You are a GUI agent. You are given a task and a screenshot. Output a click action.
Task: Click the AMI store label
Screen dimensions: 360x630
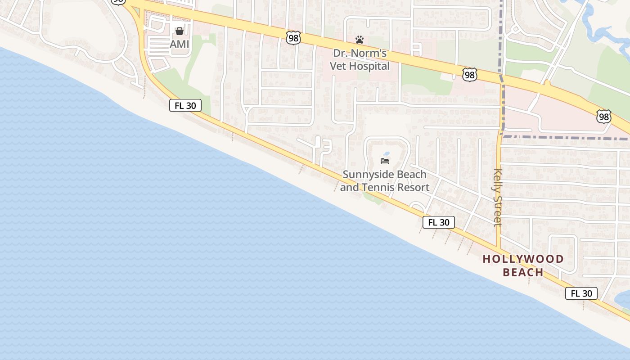[x=180, y=44]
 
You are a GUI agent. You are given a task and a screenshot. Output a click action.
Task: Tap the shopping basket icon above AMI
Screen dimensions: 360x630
[x=180, y=31]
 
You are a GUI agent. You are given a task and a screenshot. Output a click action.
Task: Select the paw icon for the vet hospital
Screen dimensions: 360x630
[x=359, y=40]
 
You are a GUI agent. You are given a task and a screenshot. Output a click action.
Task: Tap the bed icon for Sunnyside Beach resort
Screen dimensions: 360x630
[x=385, y=161]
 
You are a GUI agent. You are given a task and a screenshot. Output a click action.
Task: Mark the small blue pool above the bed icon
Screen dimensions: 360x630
[x=386, y=153]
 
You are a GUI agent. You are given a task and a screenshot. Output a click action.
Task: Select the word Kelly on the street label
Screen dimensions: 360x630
[x=498, y=179]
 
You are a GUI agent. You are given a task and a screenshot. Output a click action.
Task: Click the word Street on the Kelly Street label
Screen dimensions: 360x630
[x=498, y=210]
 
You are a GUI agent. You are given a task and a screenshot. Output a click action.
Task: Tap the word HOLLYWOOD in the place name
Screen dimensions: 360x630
[x=523, y=259]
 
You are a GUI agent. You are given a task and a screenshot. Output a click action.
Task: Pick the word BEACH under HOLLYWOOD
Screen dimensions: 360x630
[x=523, y=272]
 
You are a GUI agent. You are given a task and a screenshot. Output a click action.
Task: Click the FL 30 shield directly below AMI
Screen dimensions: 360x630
[x=185, y=105]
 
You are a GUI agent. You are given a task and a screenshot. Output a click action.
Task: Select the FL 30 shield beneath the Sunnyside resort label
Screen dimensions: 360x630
[x=438, y=222]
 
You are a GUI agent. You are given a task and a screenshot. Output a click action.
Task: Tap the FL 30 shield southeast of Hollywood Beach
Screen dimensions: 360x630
[x=581, y=293]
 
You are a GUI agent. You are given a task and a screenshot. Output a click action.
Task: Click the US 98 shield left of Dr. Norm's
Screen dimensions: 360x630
[x=293, y=38]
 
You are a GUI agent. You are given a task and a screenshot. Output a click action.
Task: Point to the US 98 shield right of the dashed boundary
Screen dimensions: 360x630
[x=604, y=117]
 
